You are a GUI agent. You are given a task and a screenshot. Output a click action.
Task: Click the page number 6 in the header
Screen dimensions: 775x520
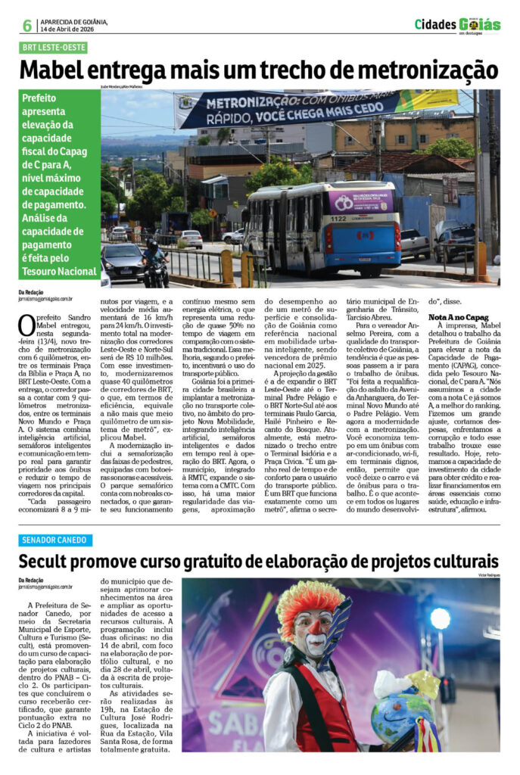[x=27, y=26]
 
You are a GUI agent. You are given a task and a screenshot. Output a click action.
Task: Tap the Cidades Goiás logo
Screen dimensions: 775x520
[x=457, y=25]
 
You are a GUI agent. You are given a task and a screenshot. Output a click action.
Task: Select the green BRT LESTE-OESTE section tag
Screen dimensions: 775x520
[x=54, y=48]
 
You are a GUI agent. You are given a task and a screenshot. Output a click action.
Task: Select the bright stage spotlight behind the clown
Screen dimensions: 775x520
[x=440, y=618]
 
